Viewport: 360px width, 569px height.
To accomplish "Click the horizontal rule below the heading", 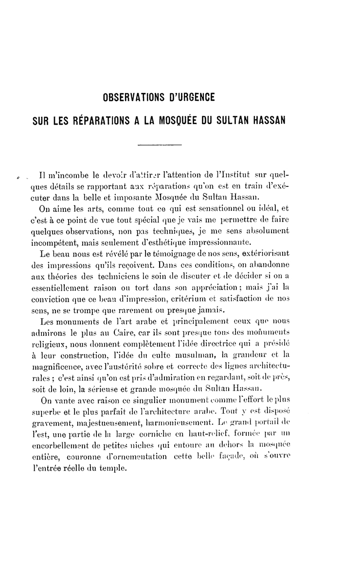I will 160,145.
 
